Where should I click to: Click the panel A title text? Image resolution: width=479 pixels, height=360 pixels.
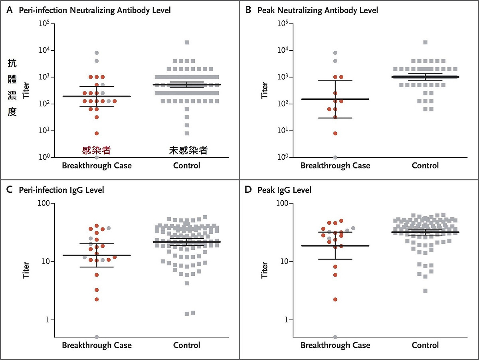click(95, 10)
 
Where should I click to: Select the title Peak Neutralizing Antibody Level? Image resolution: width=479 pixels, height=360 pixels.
click(318, 10)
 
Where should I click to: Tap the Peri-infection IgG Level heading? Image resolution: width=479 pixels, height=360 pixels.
click(61, 190)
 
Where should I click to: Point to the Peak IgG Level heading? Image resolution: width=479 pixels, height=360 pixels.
click(284, 190)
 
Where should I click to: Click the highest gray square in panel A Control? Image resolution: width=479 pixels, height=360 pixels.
click(187, 42)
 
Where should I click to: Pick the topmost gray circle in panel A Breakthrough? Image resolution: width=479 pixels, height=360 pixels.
click(97, 53)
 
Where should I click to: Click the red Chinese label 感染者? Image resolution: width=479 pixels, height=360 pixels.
click(97, 150)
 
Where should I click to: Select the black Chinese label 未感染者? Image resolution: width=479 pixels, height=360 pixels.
click(188, 150)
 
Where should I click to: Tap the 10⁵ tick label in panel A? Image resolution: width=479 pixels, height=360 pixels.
click(44, 23)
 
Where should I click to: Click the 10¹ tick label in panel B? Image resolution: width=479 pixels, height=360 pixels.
click(283, 131)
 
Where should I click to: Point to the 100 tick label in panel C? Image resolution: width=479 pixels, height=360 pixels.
click(44, 203)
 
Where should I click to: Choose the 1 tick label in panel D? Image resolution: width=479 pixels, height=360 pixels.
click(286, 320)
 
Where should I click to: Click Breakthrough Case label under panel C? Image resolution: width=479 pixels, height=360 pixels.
click(97, 345)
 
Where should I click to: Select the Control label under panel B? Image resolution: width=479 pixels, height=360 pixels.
click(425, 165)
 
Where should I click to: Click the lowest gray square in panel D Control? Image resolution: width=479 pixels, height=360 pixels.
click(426, 291)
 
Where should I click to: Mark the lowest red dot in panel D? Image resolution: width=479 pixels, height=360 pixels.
click(335, 300)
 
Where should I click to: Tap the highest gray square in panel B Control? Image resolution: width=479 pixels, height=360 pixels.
click(426, 42)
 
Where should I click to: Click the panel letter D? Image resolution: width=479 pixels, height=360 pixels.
click(248, 190)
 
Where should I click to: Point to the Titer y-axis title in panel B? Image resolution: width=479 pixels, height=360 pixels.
click(264, 91)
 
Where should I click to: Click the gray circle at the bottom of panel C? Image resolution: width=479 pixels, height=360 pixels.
click(97, 337)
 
